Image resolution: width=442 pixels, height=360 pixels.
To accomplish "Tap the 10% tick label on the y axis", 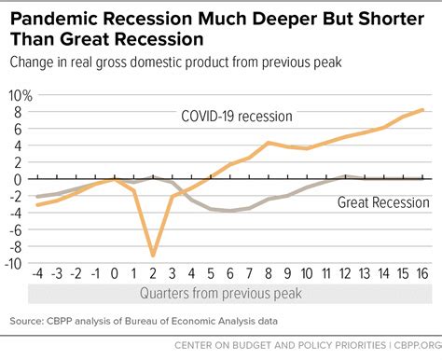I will click(19, 96).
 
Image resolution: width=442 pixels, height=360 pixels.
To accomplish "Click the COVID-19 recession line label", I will click(236, 117).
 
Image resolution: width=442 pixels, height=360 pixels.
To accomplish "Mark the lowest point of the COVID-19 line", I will click(153, 255).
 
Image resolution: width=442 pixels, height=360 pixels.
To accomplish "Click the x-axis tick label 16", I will click(422, 277).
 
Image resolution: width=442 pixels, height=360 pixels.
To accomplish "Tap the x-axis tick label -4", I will click(37, 277).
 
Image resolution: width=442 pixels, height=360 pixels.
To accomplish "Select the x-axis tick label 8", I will click(269, 277).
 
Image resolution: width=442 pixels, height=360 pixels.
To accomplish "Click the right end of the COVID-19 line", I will click(425, 110).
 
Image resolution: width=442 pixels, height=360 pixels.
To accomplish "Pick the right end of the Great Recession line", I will click(425, 178).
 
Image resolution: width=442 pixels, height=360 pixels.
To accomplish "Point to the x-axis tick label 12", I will click(345, 277).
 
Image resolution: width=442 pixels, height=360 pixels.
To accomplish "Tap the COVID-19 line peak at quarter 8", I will click(269, 143).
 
